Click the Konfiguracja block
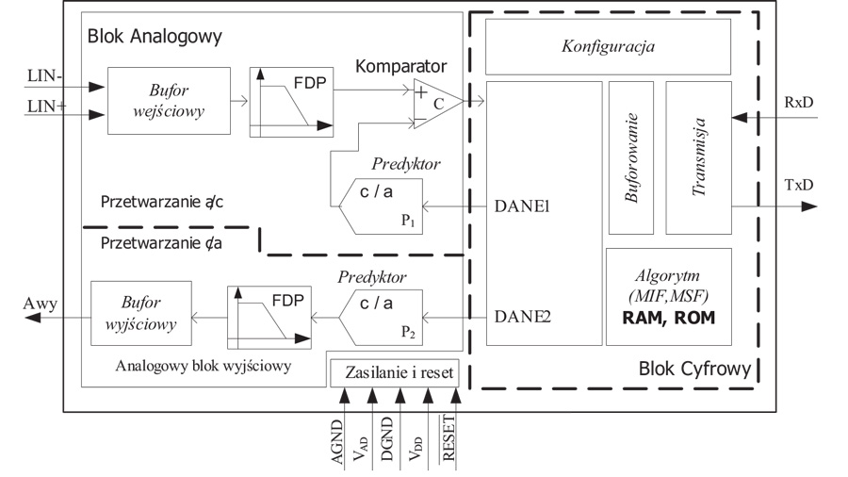point(608,46)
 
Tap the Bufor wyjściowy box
point(139,315)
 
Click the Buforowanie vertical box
point(630,157)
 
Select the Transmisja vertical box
point(698,157)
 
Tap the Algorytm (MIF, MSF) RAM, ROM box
point(668,294)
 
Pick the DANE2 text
point(524,318)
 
